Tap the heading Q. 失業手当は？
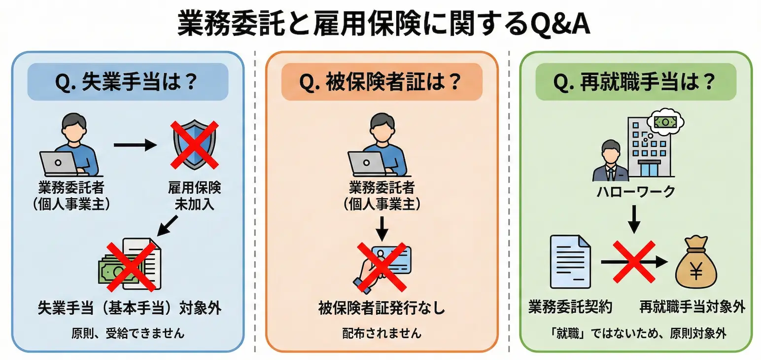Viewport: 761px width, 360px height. pyautogui.click(x=127, y=81)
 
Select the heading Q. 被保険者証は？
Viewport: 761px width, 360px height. pyautogui.click(x=381, y=81)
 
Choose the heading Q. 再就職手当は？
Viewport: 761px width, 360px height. pyautogui.click(x=635, y=81)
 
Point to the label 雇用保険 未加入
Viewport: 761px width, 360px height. pyautogui.click(x=195, y=196)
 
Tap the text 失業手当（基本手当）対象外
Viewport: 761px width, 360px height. pyautogui.click(x=130, y=308)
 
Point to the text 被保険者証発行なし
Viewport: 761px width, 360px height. pyautogui.click(x=382, y=309)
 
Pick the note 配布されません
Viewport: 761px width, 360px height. pyautogui.click(x=382, y=333)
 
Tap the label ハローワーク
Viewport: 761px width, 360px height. pyautogui.click(x=635, y=192)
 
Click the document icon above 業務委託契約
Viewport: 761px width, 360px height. pyautogui.click(x=570, y=262)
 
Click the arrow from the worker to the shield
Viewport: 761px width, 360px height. pyautogui.click(x=134, y=145)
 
